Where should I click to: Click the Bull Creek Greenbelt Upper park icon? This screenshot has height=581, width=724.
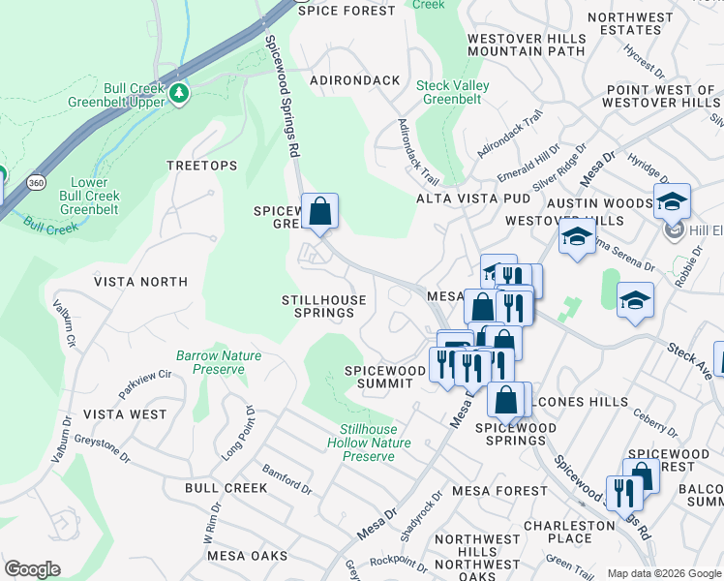178,93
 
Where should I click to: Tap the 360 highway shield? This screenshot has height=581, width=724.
36,181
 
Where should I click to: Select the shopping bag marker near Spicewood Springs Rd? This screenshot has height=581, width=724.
319,210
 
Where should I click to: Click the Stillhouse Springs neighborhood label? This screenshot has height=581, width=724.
324,306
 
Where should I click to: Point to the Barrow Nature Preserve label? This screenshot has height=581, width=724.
219,362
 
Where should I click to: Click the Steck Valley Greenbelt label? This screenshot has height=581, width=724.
452,92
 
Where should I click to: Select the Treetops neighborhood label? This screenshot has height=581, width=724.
201,166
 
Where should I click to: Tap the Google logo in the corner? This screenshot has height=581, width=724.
32,569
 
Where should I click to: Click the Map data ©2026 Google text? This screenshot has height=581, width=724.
664,573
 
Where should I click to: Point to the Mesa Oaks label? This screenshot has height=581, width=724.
248,556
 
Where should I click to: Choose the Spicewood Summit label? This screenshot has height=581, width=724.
385,377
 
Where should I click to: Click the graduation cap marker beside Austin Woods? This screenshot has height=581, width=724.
672,201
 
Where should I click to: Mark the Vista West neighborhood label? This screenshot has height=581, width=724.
125,413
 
